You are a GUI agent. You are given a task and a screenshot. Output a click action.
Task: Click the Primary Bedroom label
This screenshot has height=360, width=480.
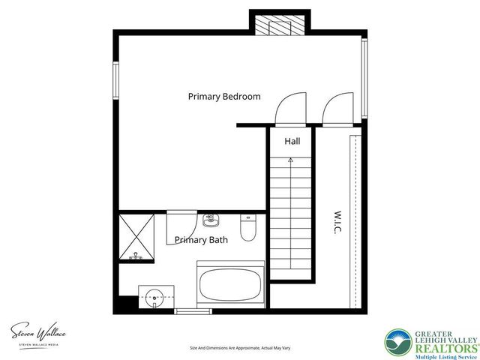pos(224,97)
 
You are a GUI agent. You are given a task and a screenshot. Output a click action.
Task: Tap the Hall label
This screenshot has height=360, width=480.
pos(292,141)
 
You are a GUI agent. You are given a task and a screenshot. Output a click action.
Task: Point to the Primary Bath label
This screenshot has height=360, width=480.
pos(201,240)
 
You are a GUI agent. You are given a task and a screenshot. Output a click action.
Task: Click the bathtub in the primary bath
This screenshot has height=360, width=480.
pos(230,285)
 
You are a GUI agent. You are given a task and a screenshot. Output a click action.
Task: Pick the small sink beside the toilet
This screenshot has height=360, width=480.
pos(211,219)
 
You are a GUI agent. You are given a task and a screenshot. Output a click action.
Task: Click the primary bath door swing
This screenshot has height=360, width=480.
pos(181,224)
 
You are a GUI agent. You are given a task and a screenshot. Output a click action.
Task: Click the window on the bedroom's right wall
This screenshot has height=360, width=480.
pos(364,78)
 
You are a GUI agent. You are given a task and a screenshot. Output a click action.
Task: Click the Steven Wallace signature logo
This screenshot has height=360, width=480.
pos(38,332)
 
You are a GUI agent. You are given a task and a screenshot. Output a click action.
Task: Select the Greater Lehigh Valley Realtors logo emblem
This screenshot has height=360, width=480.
pos(398,342)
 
